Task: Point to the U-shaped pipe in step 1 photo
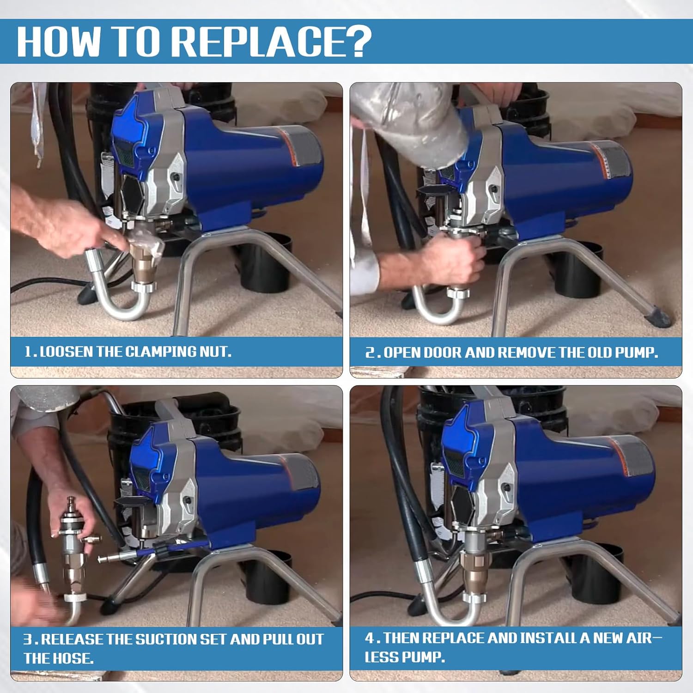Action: (x=115, y=300)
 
